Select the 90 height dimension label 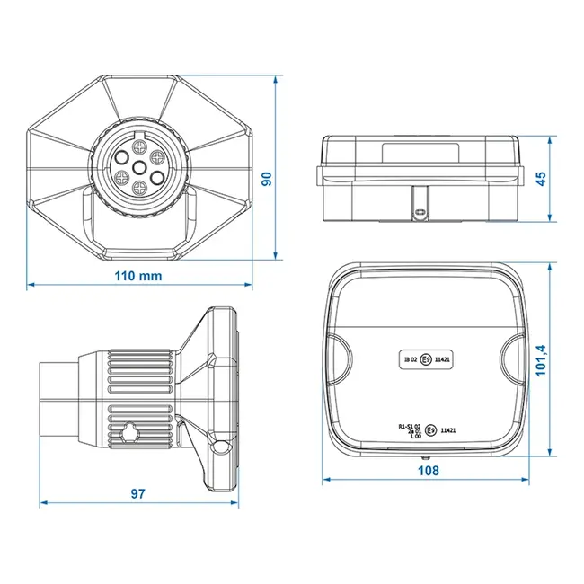pos(266,180)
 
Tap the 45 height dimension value pos(541,179)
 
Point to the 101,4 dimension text pos(542,361)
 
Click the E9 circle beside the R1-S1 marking pos(430,430)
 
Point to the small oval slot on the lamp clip pos(420,212)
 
